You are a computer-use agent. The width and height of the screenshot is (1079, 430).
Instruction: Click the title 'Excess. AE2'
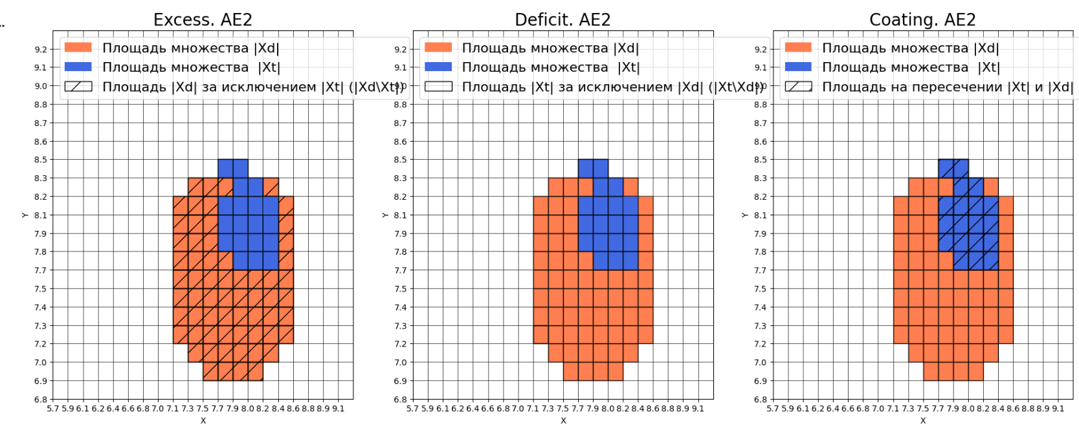203,20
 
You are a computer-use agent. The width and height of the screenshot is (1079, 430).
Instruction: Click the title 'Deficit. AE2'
562,20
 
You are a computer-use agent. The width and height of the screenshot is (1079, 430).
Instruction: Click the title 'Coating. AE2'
922,20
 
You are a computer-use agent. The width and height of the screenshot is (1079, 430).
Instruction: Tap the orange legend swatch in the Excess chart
78,48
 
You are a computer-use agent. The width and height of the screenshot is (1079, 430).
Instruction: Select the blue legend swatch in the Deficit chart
438,67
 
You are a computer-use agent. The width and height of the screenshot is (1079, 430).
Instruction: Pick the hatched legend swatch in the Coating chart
798,87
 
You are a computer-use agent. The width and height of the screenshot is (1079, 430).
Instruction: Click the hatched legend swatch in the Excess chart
78,87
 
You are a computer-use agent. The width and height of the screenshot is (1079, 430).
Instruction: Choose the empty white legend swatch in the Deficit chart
438,87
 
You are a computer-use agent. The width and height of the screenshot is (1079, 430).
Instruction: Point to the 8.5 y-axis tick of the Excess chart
41,160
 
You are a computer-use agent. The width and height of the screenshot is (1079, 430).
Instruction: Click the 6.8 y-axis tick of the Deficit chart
401,400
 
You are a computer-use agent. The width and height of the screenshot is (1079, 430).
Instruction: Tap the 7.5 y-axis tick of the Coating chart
761,289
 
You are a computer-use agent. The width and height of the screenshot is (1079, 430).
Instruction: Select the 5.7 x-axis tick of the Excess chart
53,409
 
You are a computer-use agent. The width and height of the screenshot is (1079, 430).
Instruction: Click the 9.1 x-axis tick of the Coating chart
1058,409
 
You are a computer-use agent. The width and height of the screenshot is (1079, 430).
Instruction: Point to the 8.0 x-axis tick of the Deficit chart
608,409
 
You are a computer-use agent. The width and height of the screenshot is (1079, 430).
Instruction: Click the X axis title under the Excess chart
203,420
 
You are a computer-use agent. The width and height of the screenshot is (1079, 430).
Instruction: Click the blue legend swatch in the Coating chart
798,67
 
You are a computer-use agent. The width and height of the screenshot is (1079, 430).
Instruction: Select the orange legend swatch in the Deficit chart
438,48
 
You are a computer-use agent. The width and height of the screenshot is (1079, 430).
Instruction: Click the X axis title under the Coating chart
923,420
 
